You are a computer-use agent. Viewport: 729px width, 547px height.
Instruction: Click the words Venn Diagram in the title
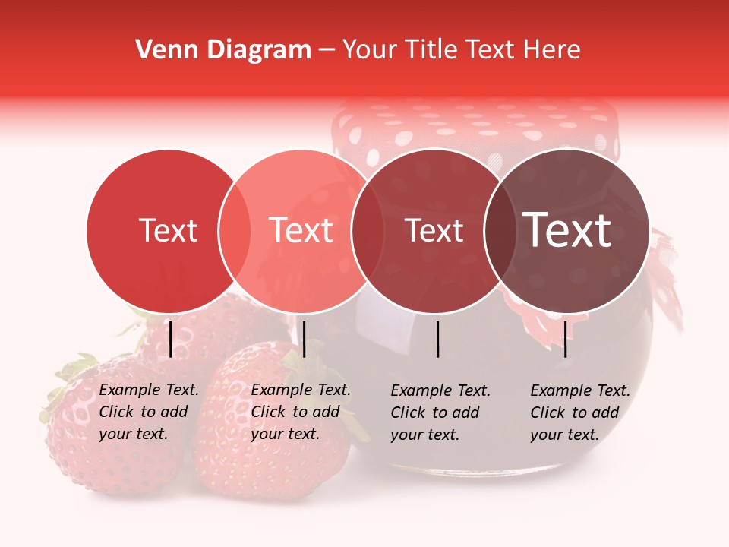[223, 50]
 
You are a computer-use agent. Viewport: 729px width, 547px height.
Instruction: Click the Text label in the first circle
[168, 230]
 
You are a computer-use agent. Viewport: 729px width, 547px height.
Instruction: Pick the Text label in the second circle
[301, 230]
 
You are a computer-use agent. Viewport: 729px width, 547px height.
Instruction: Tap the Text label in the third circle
[434, 230]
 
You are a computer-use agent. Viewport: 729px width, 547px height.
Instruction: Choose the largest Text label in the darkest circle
[567, 230]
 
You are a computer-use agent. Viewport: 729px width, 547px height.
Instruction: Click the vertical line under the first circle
[170, 339]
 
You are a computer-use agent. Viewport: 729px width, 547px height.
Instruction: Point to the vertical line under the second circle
[304, 339]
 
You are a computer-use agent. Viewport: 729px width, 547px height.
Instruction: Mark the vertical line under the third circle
[438, 339]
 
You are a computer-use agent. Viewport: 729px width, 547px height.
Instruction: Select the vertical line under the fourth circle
[566, 339]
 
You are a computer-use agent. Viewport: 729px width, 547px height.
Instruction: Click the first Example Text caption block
[149, 412]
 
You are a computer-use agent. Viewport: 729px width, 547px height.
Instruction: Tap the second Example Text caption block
[301, 412]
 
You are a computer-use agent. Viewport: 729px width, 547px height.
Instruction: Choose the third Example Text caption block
[440, 413]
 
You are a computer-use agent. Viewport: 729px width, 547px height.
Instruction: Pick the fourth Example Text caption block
[580, 413]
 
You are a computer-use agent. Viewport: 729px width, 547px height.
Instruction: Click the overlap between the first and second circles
[235, 230]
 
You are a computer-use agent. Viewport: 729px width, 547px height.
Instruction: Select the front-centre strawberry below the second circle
[270, 433]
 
